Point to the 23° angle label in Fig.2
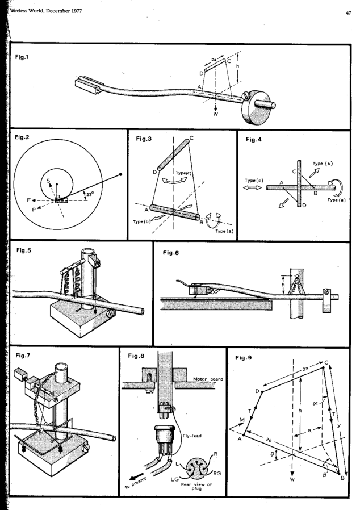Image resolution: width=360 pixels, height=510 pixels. [x=89, y=194]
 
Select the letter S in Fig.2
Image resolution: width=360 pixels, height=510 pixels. [x=49, y=181]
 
